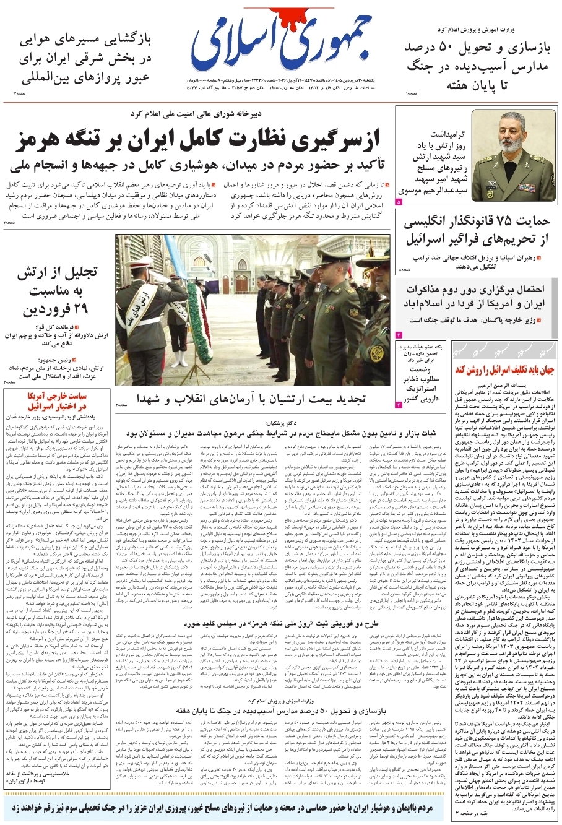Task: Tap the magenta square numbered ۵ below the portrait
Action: click(399, 202)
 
